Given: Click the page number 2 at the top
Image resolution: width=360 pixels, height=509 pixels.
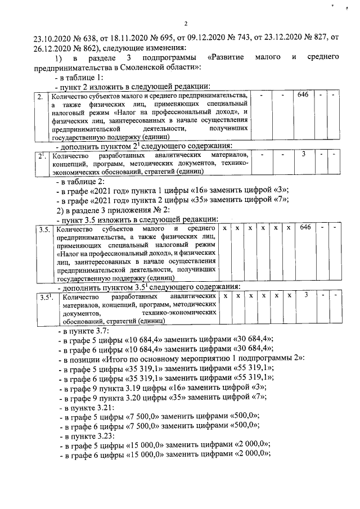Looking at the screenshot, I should (186, 24).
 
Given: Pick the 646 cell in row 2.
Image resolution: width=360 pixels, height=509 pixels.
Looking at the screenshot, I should (303, 96).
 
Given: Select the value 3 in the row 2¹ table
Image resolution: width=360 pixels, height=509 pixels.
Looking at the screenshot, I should (303, 154).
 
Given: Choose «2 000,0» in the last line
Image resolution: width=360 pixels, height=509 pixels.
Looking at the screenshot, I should (252, 456).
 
